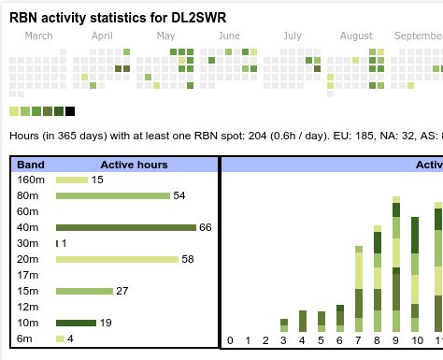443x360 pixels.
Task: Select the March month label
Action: coord(38,36)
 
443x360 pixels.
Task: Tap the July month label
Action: coord(292,36)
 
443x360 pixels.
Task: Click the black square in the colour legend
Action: coord(70,111)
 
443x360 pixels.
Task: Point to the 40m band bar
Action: coord(125,227)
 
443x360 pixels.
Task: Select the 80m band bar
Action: coord(112,195)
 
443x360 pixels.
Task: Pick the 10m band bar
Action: coord(76,323)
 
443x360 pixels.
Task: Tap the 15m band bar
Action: coord(84,291)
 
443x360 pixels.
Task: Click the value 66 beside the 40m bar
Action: coord(206,227)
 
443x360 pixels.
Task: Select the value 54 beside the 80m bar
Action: coord(179,195)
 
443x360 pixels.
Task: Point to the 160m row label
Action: coord(31,180)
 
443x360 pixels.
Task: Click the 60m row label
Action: coord(28,211)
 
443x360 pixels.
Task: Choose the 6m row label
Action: coord(25,338)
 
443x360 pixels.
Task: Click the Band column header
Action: coord(31,165)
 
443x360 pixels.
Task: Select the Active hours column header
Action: coord(134,165)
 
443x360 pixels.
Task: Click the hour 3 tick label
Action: coord(284,340)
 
